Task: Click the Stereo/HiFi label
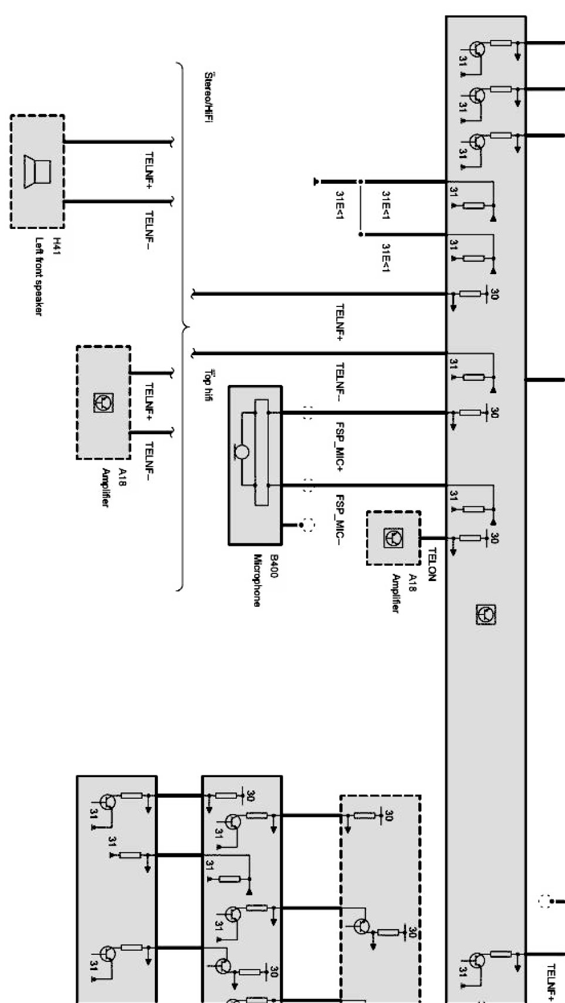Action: (208, 97)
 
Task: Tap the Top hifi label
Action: (208, 385)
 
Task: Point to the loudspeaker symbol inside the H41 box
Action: (37, 171)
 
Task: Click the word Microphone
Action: (257, 580)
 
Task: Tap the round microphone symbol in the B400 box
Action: (242, 452)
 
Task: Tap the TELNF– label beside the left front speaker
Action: (148, 231)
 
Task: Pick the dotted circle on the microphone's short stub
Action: (307, 524)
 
